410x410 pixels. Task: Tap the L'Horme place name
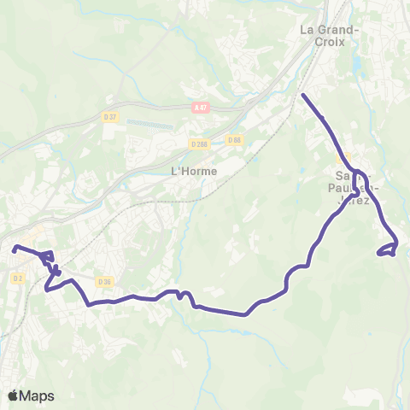click(x=194, y=171)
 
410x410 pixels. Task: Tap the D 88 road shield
click(x=234, y=140)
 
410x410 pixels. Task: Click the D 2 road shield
click(x=18, y=278)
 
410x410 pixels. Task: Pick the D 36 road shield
click(x=104, y=282)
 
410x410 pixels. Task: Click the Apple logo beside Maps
click(x=14, y=395)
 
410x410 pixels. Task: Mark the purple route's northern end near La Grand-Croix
click(x=303, y=94)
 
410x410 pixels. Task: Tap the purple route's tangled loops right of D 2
click(x=50, y=263)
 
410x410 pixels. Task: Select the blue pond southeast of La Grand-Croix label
click(x=356, y=61)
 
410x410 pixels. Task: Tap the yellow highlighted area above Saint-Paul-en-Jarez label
click(x=343, y=158)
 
